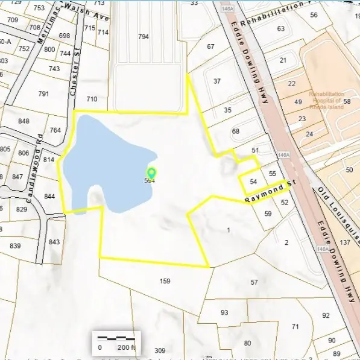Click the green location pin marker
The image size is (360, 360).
pyautogui.click(x=151, y=174)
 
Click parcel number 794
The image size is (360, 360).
pyautogui.click(x=143, y=37)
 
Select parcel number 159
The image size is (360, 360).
pyautogui.click(x=165, y=281)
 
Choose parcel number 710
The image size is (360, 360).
pyautogui.click(x=92, y=99)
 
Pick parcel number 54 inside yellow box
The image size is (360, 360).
pyautogui.click(x=253, y=182)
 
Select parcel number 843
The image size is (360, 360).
pyautogui.click(x=54, y=242)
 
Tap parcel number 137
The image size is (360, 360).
pyautogui.click(x=345, y=242)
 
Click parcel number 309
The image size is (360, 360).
pyautogui.click(x=160, y=350)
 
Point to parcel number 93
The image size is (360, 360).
pyautogui.click(x=224, y=312)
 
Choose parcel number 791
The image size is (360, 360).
pyautogui.click(x=43, y=93)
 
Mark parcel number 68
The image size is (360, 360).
pyautogui.click(x=236, y=131)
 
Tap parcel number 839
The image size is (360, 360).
pyautogui.click(x=15, y=245)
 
